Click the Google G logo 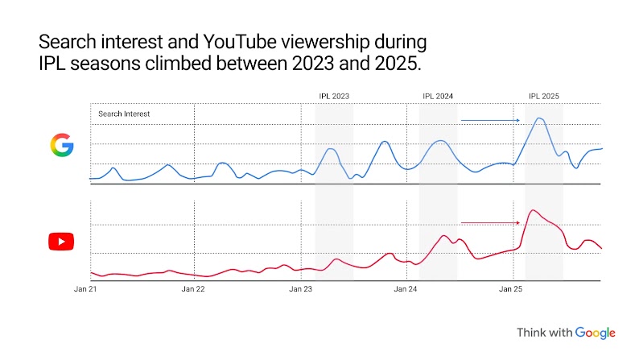tap(61, 145)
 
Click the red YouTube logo tap(61, 241)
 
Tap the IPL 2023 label tap(334, 96)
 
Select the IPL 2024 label tap(438, 96)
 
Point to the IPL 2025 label tap(543, 96)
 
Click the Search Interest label tap(124, 114)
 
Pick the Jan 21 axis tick tap(85, 288)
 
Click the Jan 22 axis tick tap(193, 288)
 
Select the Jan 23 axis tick tap(300, 288)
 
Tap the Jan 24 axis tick tap(406, 288)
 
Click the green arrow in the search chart tap(491, 121)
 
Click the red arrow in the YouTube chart tap(491, 223)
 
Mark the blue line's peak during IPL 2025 tap(539, 118)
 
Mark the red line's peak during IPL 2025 tap(533, 210)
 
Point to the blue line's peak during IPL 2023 tap(331, 149)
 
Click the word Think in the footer tap(532, 333)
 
